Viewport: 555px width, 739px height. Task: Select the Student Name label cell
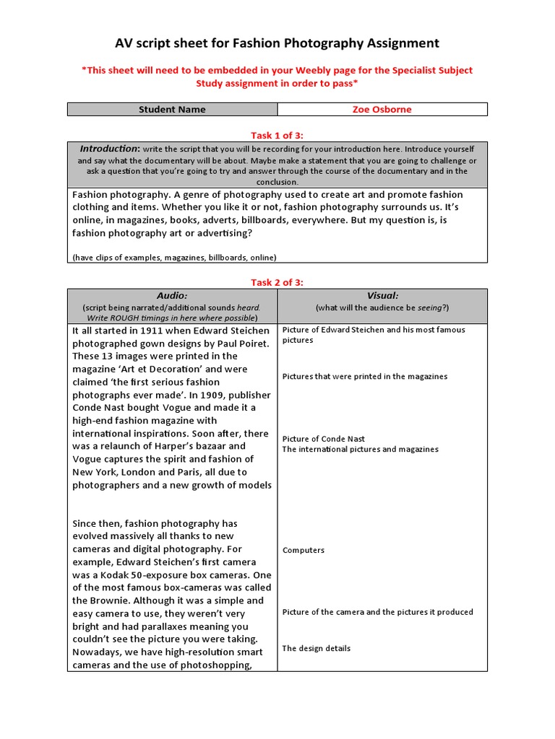coord(172,110)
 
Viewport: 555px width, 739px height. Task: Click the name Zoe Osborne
coord(382,110)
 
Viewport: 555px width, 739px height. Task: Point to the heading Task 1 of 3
coord(277,134)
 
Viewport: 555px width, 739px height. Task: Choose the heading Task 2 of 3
coord(277,282)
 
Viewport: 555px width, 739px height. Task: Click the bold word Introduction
coord(108,149)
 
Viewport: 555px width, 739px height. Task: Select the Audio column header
coord(172,296)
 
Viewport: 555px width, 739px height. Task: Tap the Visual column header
coord(382,296)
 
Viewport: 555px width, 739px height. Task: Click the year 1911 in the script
coord(150,330)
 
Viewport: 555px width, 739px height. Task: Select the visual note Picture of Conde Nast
coord(323,439)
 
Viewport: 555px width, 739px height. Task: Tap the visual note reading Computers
coord(304,550)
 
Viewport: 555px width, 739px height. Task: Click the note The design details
coord(316,648)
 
